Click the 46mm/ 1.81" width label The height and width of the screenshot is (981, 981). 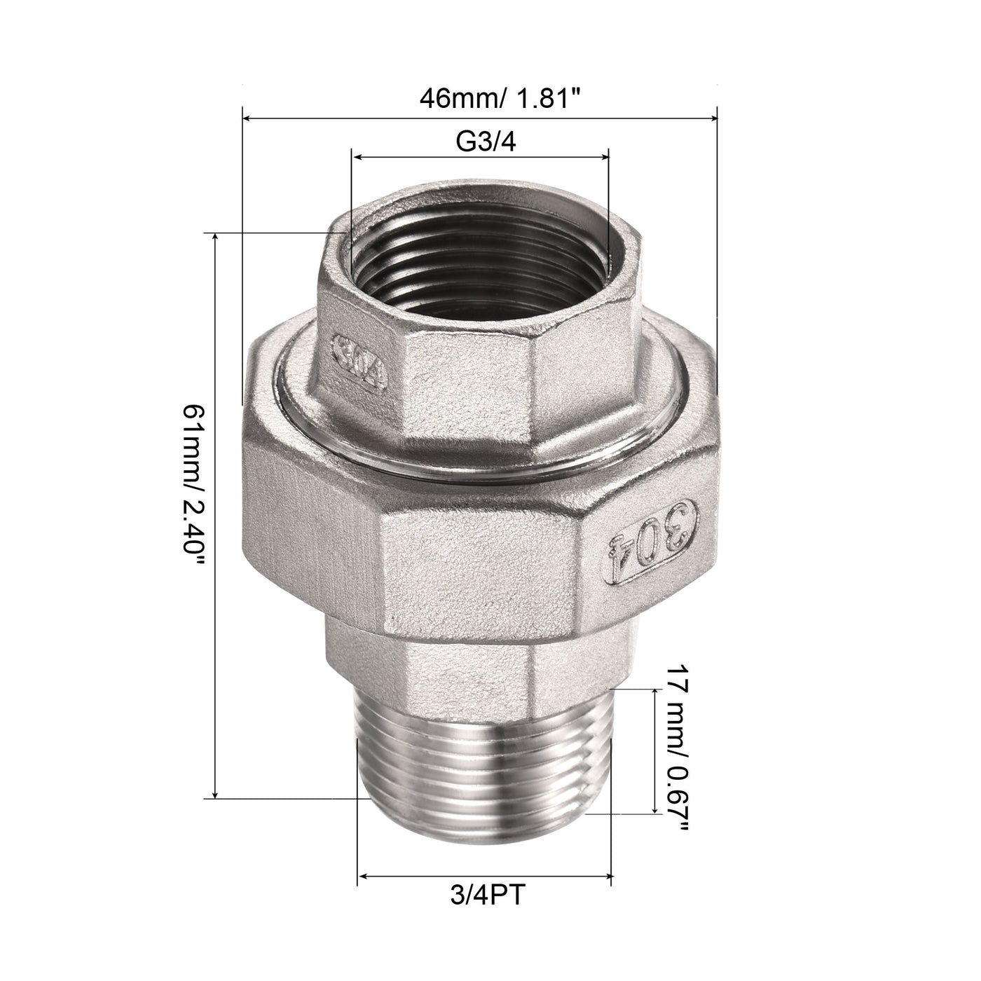coord(500,98)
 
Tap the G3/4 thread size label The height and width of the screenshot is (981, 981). coord(486,142)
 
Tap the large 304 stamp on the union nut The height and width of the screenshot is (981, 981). coord(651,544)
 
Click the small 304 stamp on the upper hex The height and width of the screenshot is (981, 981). coord(360,362)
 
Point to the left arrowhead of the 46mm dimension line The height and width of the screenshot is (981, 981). coord(247,118)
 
